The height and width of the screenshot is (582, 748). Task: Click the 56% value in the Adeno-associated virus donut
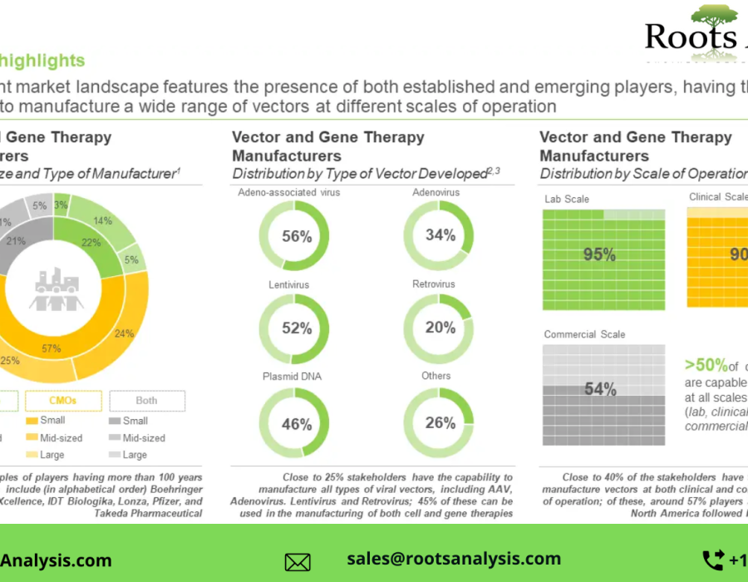point(296,236)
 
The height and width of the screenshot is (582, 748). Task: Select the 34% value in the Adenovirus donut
point(440,235)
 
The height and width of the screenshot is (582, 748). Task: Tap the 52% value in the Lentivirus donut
point(296,328)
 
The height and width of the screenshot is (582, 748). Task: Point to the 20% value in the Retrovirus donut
point(440,328)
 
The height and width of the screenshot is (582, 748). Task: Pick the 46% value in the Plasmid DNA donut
point(296,424)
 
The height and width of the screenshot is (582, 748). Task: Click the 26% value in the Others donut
point(440,423)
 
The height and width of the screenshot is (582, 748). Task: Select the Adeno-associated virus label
point(288,193)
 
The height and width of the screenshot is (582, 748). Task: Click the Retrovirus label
point(433,284)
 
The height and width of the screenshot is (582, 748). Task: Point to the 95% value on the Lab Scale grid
point(599,255)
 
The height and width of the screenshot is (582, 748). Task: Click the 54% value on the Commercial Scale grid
point(600,389)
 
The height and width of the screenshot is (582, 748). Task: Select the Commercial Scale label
point(584,334)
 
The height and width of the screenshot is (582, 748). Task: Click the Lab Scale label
point(566,200)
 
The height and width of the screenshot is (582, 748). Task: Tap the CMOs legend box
point(63,400)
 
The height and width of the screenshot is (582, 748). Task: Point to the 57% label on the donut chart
point(52,348)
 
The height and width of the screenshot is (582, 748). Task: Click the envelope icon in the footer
point(298,562)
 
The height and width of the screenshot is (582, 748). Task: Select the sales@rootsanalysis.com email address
point(454,559)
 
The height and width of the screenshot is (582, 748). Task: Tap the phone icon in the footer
point(712,560)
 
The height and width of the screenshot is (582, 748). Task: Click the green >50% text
point(706,365)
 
